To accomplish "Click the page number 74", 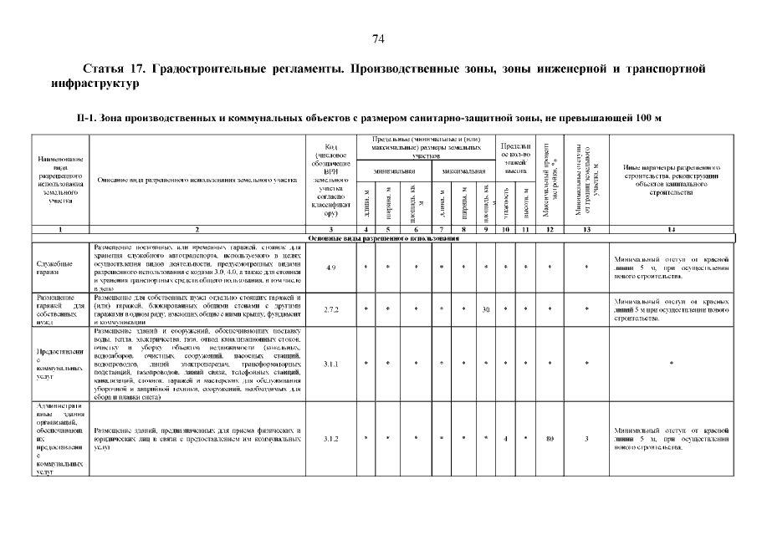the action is [x=378, y=38].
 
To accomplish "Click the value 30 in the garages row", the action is [x=486, y=309].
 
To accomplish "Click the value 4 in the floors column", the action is [x=507, y=439].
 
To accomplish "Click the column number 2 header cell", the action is [x=197, y=229].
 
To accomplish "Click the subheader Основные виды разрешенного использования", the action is [x=383, y=238].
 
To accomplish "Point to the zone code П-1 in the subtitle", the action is [x=84, y=119].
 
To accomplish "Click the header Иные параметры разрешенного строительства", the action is [x=671, y=180].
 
